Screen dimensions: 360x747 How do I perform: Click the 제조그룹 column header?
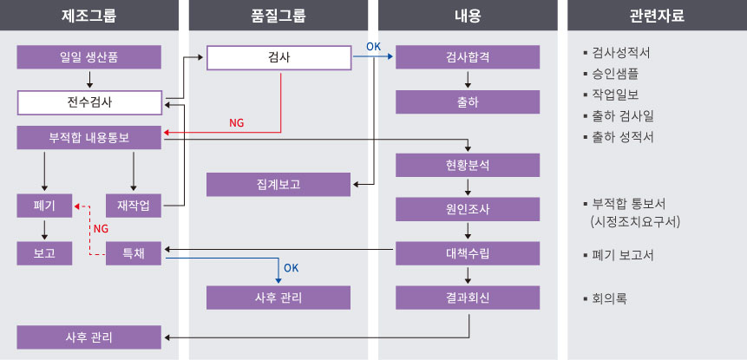[89, 16]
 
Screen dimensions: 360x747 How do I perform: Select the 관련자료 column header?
[658, 16]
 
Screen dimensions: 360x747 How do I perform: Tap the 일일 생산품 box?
[89, 57]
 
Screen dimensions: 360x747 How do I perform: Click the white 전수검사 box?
[89, 102]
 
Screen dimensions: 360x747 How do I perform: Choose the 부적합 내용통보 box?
[89, 137]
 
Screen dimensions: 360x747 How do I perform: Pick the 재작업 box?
[133, 206]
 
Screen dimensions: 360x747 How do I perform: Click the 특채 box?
[133, 253]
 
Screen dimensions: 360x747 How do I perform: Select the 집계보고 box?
[278, 184]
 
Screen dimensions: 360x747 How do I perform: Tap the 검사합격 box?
[468, 57]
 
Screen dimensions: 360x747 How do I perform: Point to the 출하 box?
[468, 102]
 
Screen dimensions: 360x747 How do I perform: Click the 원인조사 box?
[468, 208]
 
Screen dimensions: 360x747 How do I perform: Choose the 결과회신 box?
[468, 298]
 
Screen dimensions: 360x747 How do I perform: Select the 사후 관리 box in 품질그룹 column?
[278, 298]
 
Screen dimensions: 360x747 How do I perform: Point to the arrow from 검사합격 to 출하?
[469, 80]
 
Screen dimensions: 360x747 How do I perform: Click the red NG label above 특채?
[101, 228]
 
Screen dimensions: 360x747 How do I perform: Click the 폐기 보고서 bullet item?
[622, 255]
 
